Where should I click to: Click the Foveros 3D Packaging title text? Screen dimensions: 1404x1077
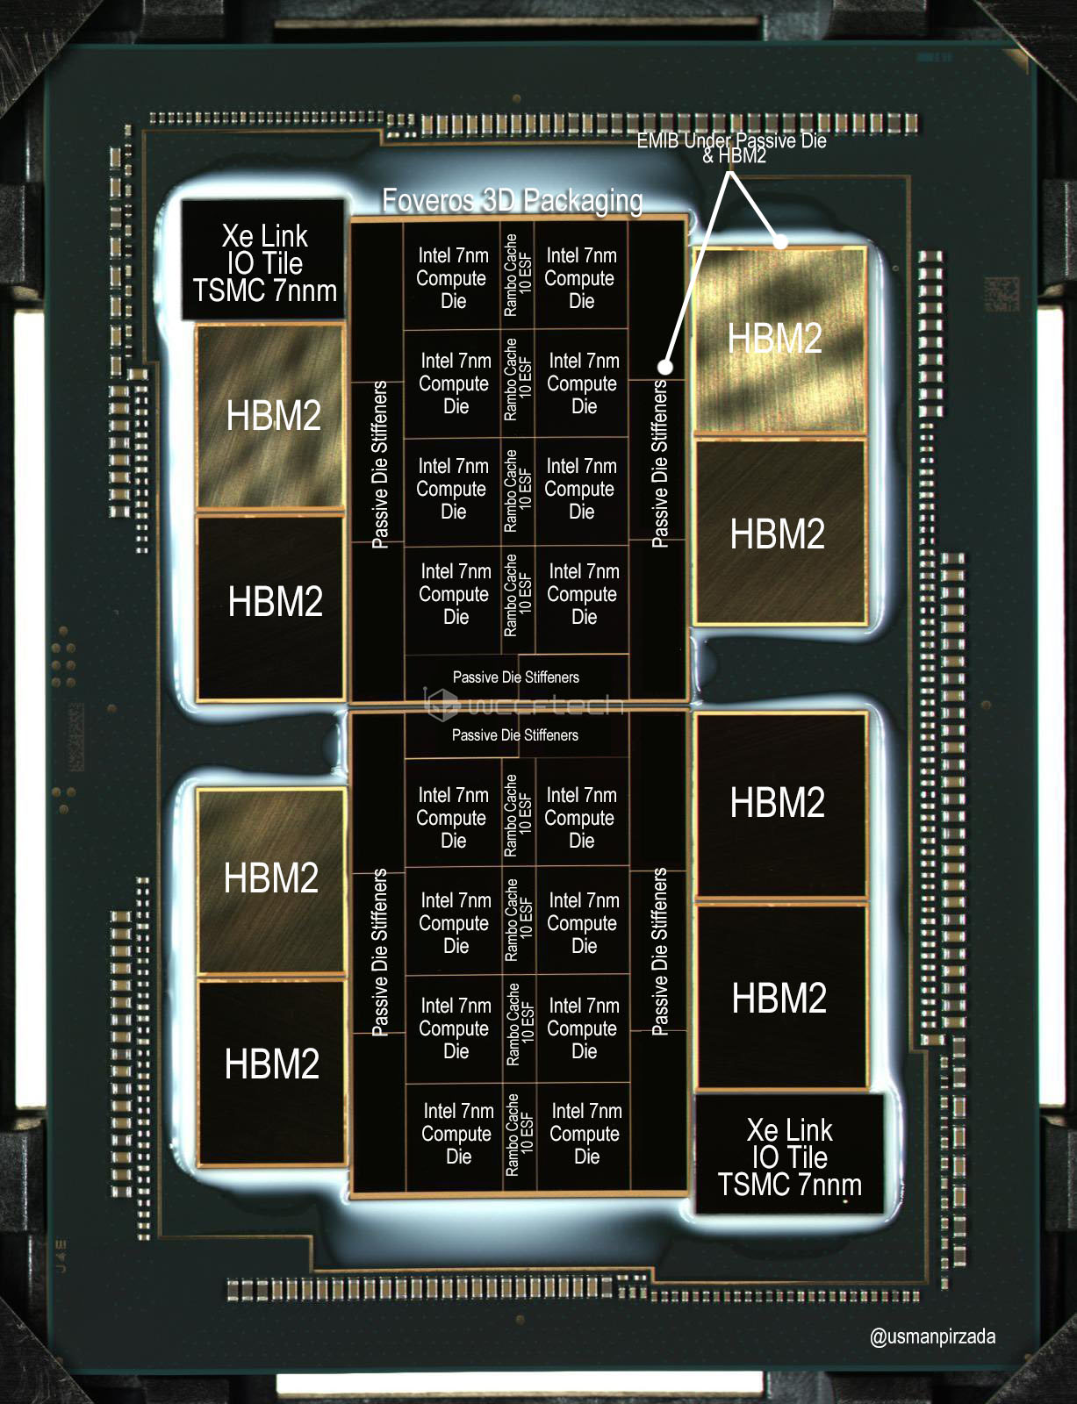tap(513, 201)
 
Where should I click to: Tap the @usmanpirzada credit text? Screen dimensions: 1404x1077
tap(932, 1336)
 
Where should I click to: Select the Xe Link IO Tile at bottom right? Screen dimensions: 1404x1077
tap(789, 1156)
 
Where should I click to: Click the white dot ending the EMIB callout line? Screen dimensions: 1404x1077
tap(665, 367)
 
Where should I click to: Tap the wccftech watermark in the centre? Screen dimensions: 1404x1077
tap(524, 705)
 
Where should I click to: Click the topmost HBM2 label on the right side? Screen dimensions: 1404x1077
tap(775, 339)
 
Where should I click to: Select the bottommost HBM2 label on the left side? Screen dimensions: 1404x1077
tap(272, 1064)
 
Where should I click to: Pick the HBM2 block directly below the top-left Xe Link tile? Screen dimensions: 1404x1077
tap(273, 415)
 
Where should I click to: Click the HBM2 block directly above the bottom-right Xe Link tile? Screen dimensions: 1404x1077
tap(779, 999)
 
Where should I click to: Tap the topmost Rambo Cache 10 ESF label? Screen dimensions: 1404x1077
tap(517, 276)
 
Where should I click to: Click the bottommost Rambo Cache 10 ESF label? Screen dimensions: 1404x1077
tap(519, 1134)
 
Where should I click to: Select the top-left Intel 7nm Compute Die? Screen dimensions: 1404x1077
tap(452, 278)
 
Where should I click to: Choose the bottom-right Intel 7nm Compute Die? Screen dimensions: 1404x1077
tap(585, 1134)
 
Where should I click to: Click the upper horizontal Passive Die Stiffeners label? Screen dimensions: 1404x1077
tap(516, 677)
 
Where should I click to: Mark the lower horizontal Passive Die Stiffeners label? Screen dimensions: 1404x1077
tap(515, 735)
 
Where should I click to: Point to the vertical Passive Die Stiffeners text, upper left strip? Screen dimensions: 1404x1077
tap(379, 465)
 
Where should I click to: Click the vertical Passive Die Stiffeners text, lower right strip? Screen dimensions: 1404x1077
tap(659, 952)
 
